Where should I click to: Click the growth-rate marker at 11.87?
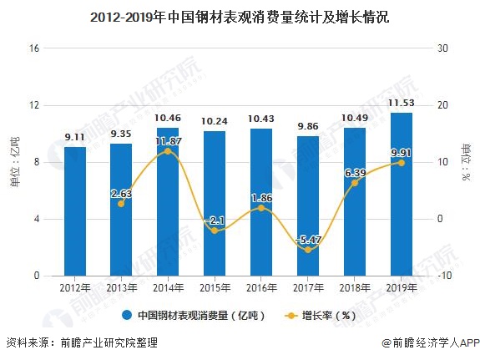[168, 151]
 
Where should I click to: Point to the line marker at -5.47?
[308, 250]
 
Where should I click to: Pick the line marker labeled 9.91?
[402, 162]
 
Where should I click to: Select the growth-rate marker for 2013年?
[121, 204]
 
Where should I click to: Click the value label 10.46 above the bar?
[168, 119]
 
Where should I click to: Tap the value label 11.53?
[402, 104]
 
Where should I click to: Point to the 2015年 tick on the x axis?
[215, 286]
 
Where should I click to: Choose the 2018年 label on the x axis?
[355, 286]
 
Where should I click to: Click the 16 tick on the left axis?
[35, 48]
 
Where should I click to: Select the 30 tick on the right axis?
[442, 48]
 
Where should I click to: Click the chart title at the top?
[240, 16]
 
